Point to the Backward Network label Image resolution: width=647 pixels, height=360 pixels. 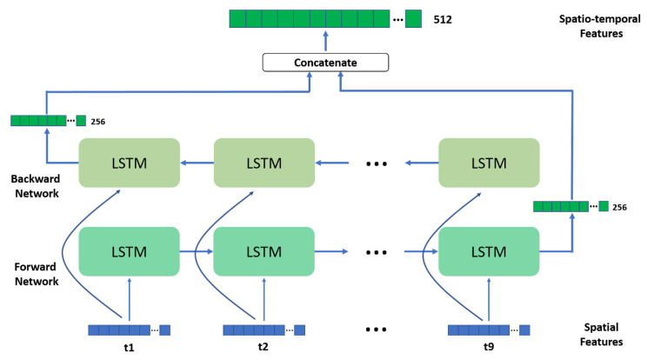click(35, 163)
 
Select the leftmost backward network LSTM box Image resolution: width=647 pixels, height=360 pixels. click(129, 163)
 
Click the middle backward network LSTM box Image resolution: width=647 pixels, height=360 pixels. click(263, 163)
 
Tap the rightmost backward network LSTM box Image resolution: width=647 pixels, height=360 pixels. click(489, 163)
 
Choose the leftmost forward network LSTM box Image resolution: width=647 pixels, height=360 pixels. click(129, 251)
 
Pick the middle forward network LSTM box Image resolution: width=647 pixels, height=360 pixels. click(263, 251)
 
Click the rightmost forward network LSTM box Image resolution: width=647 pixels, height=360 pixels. click(489, 251)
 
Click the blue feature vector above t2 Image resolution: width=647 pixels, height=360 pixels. click(264, 330)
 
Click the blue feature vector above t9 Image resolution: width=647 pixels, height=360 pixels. click(489, 330)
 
